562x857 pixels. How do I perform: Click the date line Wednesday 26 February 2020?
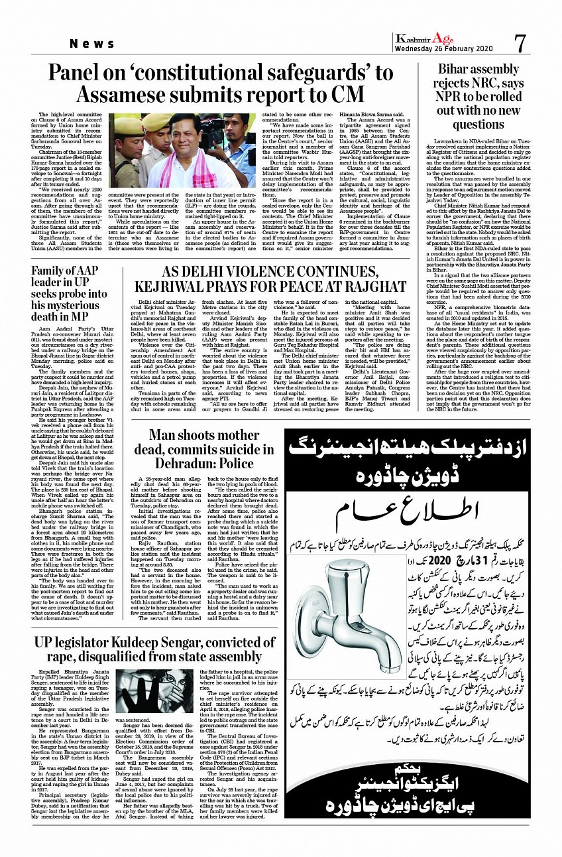click(x=443, y=50)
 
